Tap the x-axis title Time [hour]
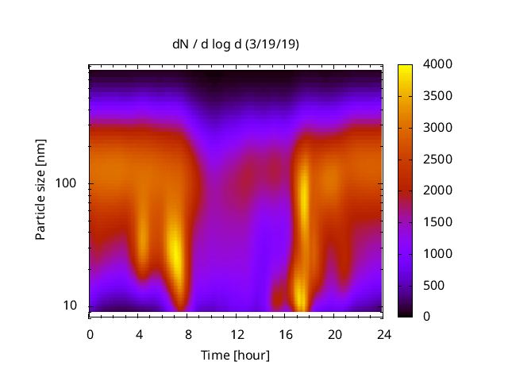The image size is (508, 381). (235, 355)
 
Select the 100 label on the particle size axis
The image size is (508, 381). (67, 183)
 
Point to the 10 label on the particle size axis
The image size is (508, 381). (70, 306)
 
